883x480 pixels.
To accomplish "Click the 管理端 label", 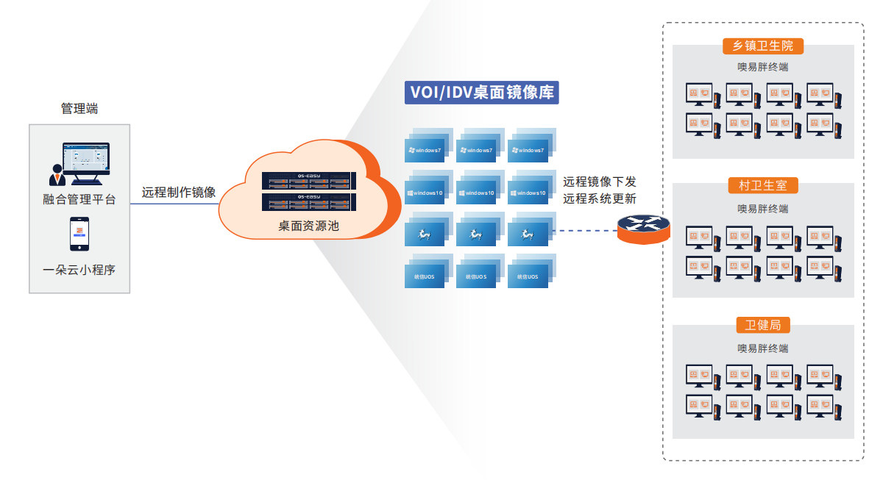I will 79,109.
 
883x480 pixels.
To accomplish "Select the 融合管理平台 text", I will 79,199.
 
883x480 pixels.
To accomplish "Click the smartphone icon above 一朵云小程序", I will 79,234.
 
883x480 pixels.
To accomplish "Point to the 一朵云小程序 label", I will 79,270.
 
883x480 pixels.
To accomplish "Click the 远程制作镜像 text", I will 179,193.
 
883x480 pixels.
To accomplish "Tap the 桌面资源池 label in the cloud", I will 308,226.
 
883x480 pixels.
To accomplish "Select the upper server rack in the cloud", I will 308,181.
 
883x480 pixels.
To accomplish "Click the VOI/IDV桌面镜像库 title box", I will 481,93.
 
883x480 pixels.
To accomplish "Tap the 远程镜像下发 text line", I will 600,181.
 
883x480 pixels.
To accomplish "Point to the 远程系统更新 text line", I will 600,198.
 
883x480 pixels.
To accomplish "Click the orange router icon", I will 644,229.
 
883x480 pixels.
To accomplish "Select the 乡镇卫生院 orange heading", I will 763,46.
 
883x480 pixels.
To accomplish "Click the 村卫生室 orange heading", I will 763,185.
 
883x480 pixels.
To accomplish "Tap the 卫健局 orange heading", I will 763,325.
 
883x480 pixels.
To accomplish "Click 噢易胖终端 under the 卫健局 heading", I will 763,348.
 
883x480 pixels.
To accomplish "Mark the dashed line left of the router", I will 585,231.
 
